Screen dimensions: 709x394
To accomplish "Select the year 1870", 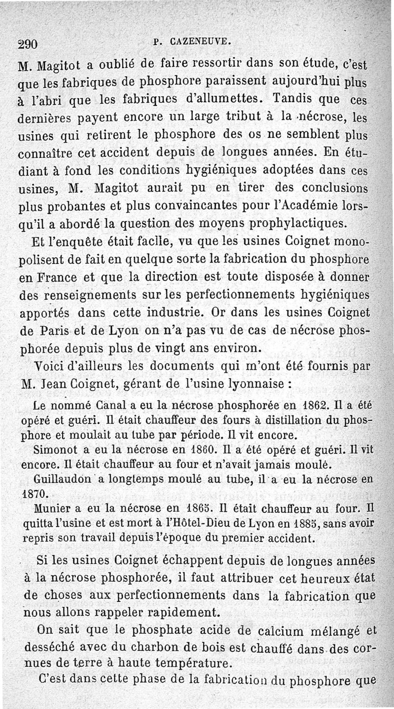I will pos(33,492).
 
